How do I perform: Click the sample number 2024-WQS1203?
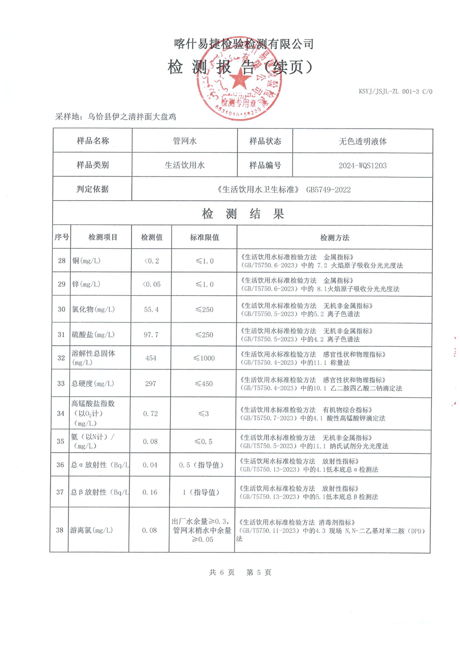[x=363, y=165]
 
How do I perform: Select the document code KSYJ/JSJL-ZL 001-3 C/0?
[x=396, y=91]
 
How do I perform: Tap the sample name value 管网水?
[x=184, y=141]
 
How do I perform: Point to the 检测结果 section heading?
[x=243, y=214]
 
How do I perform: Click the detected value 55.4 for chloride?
[x=151, y=309]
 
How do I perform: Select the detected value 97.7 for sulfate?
[x=151, y=335]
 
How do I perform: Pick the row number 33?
[x=61, y=384]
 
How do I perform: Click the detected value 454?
[x=151, y=358]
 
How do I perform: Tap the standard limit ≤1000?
[x=204, y=358]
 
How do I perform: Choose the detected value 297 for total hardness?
[x=151, y=384]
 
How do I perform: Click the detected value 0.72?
[x=151, y=413]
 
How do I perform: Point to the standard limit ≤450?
[x=204, y=384]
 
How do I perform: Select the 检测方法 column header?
[x=334, y=237]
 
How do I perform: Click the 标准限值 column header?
[x=204, y=237]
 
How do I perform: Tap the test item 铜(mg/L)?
[x=87, y=261]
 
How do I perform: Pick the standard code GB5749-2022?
[x=328, y=190]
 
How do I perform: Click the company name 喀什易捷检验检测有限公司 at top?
[x=243, y=44]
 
